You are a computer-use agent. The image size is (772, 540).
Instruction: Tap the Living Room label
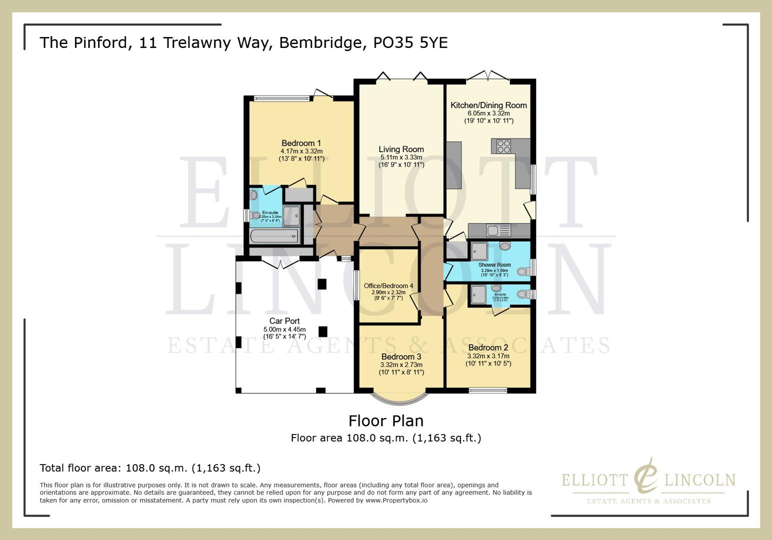click(401, 149)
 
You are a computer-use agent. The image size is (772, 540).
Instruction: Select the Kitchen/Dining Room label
click(488, 105)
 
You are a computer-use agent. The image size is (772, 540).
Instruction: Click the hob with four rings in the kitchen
click(503, 146)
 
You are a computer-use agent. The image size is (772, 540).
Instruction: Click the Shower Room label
click(494, 265)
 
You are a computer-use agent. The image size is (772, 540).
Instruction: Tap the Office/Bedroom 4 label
click(388, 286)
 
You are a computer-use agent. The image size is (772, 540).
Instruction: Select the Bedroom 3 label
click(401, 356)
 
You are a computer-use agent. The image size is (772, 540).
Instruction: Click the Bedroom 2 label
click(488, 347)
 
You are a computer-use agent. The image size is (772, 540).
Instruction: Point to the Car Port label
click(284, 321)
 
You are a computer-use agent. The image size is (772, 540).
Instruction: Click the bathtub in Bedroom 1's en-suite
click(273, 235)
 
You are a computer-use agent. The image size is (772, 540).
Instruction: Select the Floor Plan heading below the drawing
click(385, 420)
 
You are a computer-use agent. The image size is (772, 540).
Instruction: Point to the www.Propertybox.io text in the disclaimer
click(396, 500)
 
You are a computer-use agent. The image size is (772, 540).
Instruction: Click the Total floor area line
click(150, 468)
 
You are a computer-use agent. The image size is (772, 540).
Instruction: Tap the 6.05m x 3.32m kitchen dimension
click(488, 113)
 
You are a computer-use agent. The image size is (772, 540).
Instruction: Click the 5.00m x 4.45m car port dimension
click(284, 329)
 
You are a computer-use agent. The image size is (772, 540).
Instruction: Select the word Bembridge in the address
click(320, 42)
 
